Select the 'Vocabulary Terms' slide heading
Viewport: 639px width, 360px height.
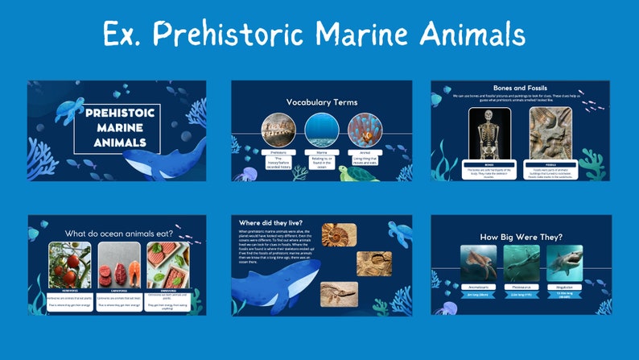click(x=322, y=102)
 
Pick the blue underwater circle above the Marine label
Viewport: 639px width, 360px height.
click(x=322, y=129)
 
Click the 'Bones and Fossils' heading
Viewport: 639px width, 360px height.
click(x=520, y=87)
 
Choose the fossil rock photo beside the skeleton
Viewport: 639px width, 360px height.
click(x=550, y=133)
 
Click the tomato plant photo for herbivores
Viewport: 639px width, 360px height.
click(x=69, y=264)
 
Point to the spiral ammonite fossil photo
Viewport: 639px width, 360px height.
click(x=339, y=234)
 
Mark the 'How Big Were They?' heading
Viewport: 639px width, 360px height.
click(x=520, y=236)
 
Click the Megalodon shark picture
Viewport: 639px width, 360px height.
click(x=564, y=263)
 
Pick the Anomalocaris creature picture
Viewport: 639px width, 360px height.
click(x=479, y=263)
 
